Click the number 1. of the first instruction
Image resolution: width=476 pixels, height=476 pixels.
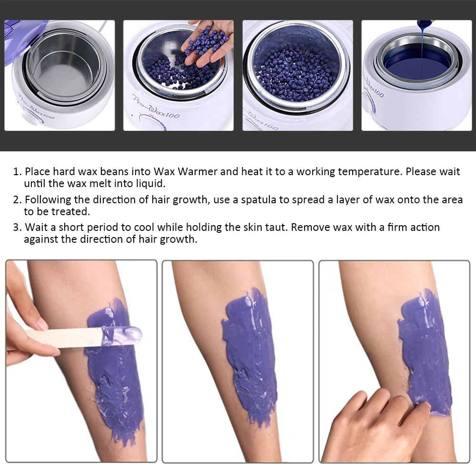click(x=17, y=172)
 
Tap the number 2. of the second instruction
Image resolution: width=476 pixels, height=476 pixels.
click(x=17, y=200)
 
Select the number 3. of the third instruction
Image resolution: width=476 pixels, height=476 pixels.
click(x=17, y=228)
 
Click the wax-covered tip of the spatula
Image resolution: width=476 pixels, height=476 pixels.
click(x=122, y=336)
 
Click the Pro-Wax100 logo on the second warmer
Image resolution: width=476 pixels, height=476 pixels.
click(x=156, y=107)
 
